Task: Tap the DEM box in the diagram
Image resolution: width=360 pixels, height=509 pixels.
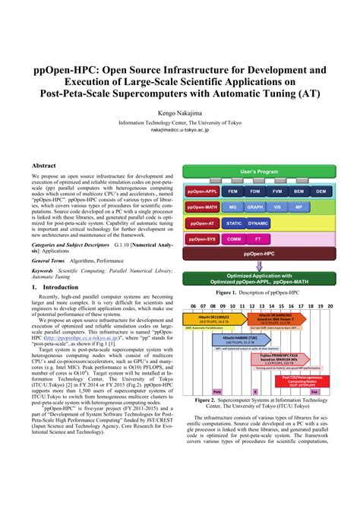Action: [321, 191]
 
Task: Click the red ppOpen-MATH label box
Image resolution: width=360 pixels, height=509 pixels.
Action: [202, 207]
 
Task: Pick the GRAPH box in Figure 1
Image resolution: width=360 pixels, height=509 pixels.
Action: [255, 207]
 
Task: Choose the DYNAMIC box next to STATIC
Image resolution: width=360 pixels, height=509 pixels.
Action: [258, 223]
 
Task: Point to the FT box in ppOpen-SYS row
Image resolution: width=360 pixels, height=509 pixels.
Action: [256, 239]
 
